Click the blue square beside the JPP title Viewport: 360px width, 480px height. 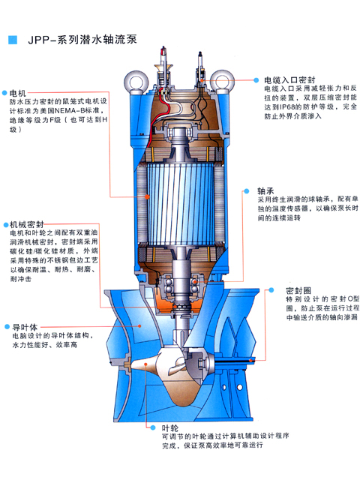pyautogui.click(x=13, y=40)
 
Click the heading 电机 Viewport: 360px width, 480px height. pyautogui.click(x=18, y=93)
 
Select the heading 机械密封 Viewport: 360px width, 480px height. pyautogui.click(x=27, y=224)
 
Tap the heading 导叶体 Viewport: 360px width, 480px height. pyautogui.click(x=25, y=327)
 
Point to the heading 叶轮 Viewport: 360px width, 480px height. pyautogui.click(x=170, y=427)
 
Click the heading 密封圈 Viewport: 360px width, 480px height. pyautogui.click(x=298, y=290)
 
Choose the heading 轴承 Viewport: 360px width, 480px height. pyautogui.click(x=265, y=191)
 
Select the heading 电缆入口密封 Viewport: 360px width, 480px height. pyautogui.click(x=289, y=80)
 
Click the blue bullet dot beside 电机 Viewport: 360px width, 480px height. pyautogui.click(x=4, y=93)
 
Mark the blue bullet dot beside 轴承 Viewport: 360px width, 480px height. pyautogui.click(x=247, y=191)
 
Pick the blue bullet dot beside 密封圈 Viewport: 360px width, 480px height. pyautogui.click(x=271, y=290)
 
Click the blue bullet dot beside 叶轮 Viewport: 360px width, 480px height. pyautogui.click(x=153, y=427)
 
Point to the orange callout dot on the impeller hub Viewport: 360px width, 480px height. pyautogui.click(x=146, y=364)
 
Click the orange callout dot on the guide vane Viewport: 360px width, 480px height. pyautogui.click(x=140, y=326)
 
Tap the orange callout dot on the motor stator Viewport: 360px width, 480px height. pyautogui.click(x=147, y=196)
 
